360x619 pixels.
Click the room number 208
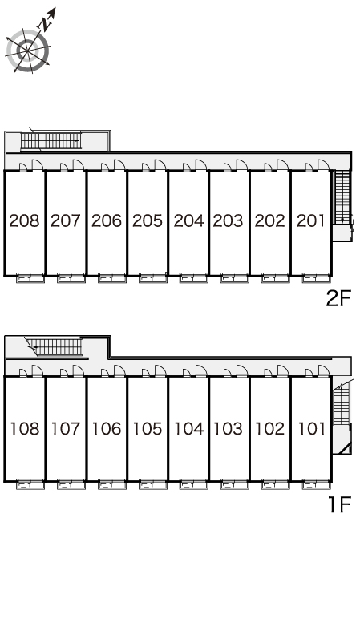pos(25,220)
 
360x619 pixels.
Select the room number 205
pos(148,220)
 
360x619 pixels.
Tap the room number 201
pos(311,220)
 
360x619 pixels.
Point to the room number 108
pos(25,428)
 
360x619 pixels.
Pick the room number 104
pos(189,428)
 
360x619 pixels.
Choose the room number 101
pos(312,428)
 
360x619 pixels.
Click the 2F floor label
pos(338,298)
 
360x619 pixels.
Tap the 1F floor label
pos(340,504)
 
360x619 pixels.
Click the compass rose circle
pos(28,51)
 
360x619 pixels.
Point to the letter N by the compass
pos(47,25)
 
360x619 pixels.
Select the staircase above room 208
pos(51,140)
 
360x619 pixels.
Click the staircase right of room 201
pos(342,197)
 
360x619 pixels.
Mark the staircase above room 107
pos(58,347)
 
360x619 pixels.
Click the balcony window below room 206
pos(112,278)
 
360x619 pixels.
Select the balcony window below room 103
pos(234,484)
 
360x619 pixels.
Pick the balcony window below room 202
pos(276,278)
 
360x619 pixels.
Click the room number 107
pos(66,428)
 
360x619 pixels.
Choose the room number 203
pos(228,220)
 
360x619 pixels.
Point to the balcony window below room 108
pos(30,484)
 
